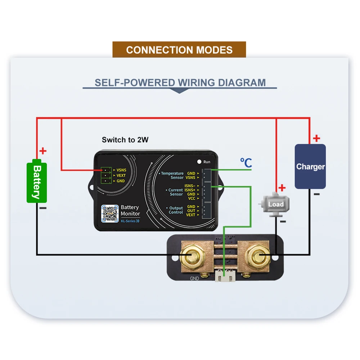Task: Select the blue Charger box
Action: coord(310,166)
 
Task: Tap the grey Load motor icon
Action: coord(275,204)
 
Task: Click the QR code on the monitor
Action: coord(110,214)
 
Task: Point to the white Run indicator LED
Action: coord(198,162)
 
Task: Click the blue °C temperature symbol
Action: coord(246,163)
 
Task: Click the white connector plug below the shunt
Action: coord(225,277)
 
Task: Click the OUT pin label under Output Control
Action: coord(191,211)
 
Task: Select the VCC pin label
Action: coord(191,198)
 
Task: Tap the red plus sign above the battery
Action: coord(43,151)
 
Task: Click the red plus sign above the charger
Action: coord(316,138)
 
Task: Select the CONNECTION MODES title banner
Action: coord(179,50)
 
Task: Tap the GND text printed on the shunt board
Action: coord(194,278)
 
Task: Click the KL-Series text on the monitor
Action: coord(129,221)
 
